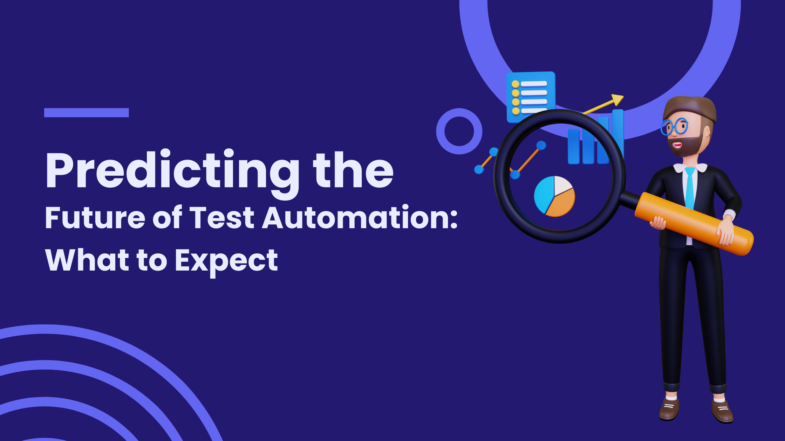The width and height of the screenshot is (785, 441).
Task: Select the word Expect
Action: coord(226,261)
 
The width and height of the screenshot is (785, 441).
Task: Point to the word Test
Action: coord(222,217)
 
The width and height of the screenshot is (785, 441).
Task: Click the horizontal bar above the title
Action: coord(87,112)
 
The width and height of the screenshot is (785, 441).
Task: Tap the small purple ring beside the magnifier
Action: coord(459,131)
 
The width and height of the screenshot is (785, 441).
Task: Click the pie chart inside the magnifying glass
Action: coord(554,196)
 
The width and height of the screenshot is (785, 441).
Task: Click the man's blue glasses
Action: coord(674,126)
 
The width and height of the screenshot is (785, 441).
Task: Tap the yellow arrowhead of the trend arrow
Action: coord(617,100)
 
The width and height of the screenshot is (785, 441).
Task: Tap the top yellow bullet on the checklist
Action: coord(516,84)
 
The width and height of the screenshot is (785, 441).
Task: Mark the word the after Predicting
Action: coord(354,171)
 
